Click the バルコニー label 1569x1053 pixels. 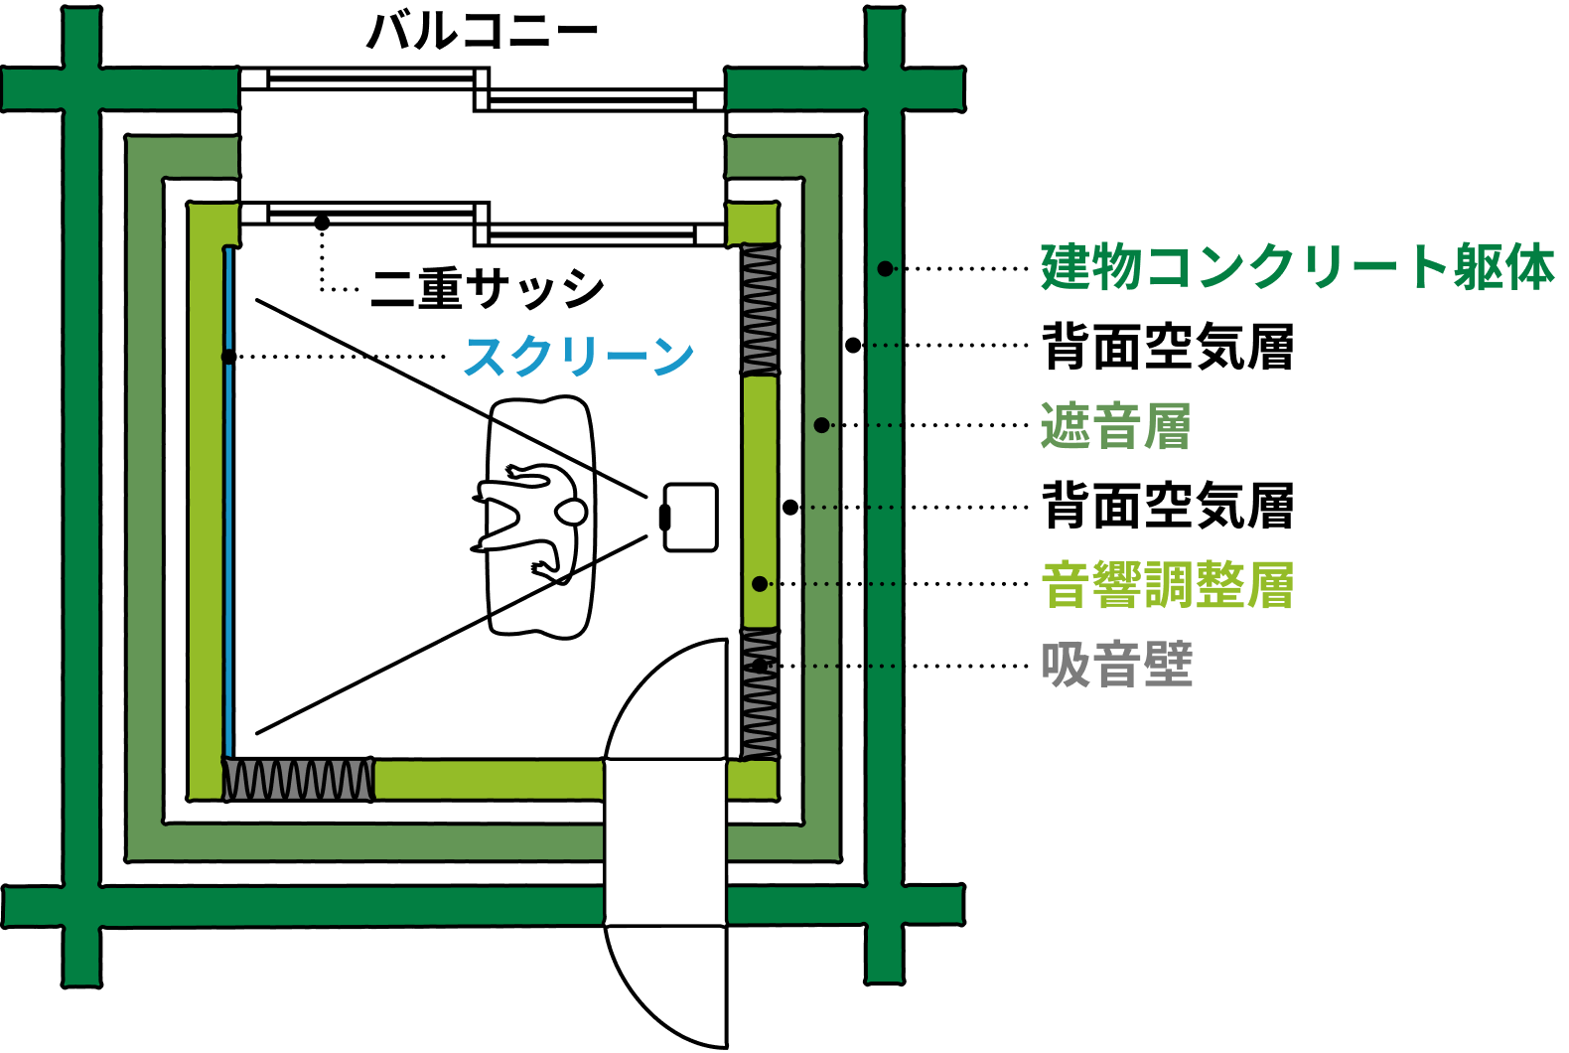(x=483, y=31)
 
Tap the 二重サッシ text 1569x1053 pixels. (x=487, y=288)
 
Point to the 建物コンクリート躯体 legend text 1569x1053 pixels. (x=1297, y=268)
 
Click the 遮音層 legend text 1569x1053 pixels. (x=1115, y=426)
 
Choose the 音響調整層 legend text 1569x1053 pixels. (x=1168, y=585)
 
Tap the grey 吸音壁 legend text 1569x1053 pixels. (x=1116, y=665)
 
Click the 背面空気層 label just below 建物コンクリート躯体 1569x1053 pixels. (x=1168, y=347)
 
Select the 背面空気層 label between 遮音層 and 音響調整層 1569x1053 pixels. (x=1168, y=506)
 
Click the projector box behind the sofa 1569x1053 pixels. (x=690, y=517)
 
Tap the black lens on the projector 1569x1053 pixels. (x=664, y=517)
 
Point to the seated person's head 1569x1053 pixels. (x=571, y=513)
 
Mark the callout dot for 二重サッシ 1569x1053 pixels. (x=322, y=223)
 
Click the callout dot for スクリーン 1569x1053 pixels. (x=229, y=357)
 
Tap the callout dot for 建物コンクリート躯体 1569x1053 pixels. (x=885, y=268)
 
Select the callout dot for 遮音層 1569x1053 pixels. (x=821, y=425)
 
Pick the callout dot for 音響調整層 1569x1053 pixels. (x=760, y=584)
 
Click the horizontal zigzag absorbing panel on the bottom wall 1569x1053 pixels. (x=298, y=780)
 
